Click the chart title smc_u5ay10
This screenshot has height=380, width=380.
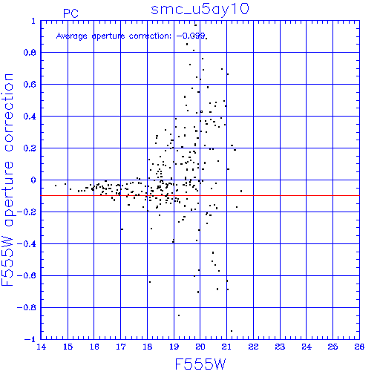(x=200, y=10)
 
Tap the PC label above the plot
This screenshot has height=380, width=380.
(x=71, y=13)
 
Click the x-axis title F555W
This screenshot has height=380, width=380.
(x=200, y=364)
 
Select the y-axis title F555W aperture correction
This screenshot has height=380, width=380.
(x=8, y=180)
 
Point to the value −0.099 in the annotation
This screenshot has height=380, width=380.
(x=191, y=36)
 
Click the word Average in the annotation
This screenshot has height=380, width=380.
(x=72, y=36)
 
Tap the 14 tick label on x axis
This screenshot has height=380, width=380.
(x=41, y=347)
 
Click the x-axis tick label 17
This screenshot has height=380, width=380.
(x=121, y=347)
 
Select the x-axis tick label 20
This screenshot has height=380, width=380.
(x=200, y=347)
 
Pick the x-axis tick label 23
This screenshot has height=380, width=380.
(x=280, y=347)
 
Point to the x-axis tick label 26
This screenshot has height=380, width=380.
(x=359, y=347)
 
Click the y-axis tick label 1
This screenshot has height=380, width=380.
(x=33, y=21)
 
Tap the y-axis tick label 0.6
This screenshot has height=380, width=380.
(x=30, y=85)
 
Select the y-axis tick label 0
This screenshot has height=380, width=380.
(x=33, y=180)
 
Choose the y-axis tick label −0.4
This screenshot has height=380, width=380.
(x=27, y=244)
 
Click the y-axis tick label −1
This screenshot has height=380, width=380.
(x=30, y=339)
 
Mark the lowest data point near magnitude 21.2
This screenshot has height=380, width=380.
(x=232, y=331)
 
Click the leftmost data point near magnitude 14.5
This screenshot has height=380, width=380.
(x=56, y=186)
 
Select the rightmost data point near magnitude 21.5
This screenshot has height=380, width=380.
(x=241, y=191)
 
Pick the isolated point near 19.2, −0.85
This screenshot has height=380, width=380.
(x=179, y=315)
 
